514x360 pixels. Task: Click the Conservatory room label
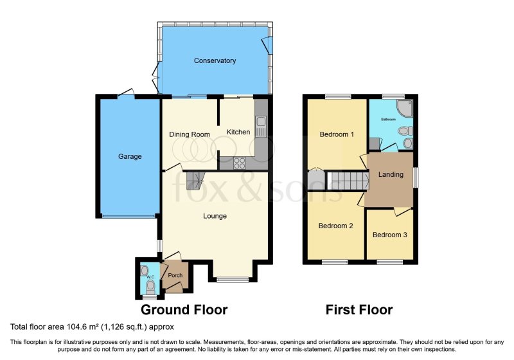click(215, 61)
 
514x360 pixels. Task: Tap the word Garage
click(129, 156)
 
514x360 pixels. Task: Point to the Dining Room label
click(190, 134)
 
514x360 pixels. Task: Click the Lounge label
click(215, 216)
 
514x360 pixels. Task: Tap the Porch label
click(175, 276)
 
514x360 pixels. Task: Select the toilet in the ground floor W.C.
click(150, 285)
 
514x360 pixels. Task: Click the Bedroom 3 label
click(389, 235)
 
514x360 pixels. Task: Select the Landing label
click(391, 174)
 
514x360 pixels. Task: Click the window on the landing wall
click(414, 177)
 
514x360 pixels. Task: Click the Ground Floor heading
click(184, 310)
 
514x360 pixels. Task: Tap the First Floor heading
click(359, 310)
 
